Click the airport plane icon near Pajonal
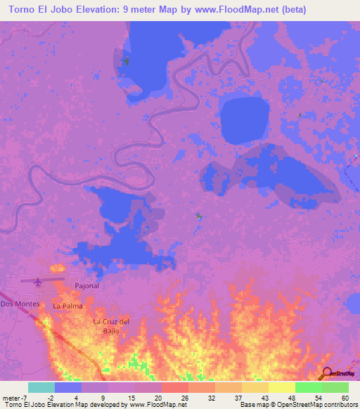coord(38,282)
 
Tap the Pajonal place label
coord(87,286)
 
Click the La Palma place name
coord(67,306)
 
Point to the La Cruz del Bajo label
coord(112,326)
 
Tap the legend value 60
coord(345,398)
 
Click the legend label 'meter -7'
coord(15,398)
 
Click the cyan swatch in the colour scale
coord(41,387)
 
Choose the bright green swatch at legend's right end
coord(335,387)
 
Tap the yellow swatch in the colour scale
coord(282,387)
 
